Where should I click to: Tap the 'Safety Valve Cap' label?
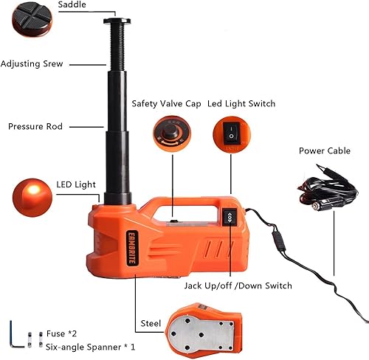coord(163,104)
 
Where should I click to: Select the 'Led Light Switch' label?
coord(241,104)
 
